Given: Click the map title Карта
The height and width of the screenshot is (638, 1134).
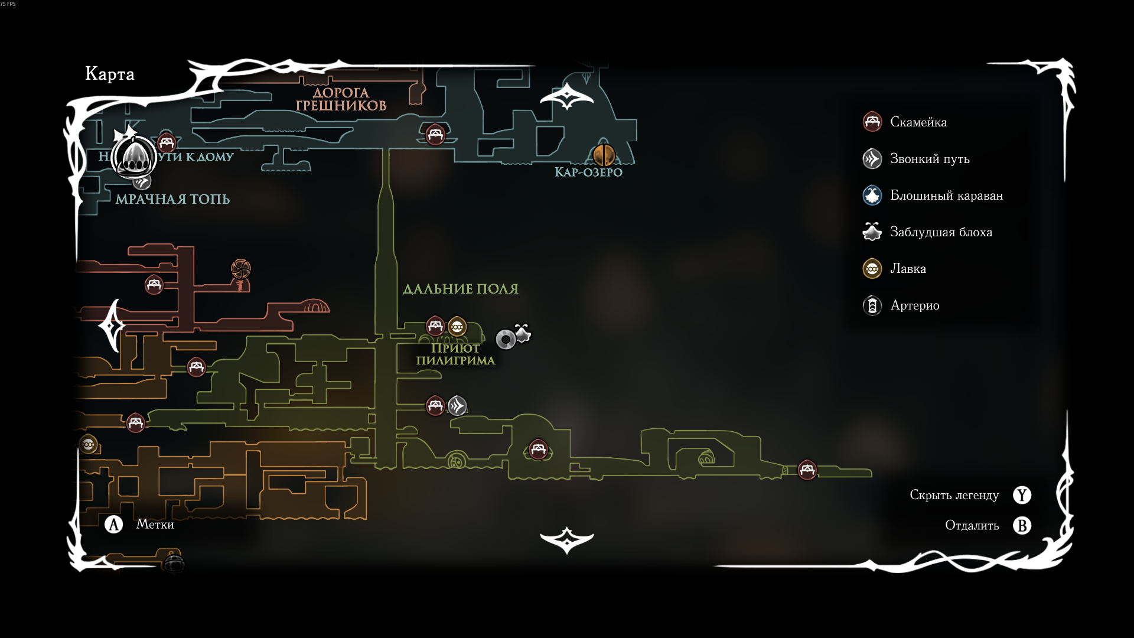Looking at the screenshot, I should (x=110, y=74).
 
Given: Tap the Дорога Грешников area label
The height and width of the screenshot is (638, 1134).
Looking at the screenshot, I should (x=341, y=99).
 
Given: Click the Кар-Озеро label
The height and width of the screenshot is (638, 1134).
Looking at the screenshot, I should (x=588, y=172).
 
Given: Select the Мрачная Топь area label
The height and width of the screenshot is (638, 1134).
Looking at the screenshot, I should (x=172, y=199).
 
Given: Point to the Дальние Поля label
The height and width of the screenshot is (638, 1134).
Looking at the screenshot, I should (x=461, y=289).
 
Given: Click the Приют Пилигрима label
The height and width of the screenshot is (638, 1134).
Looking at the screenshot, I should (x=455, y=354).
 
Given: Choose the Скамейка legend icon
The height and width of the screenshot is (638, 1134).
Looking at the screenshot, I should (x=872, y=122).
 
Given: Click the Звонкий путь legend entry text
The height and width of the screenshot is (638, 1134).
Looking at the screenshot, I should (x=930, y=159).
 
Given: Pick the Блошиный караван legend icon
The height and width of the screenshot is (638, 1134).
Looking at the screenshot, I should (x=872, y=196).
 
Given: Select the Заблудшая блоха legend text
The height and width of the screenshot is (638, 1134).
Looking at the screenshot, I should (x=941, y=232).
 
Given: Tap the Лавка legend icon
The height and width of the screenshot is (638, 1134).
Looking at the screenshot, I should (x=872, y=269).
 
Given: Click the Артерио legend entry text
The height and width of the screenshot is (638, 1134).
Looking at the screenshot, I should (x=914, y=305).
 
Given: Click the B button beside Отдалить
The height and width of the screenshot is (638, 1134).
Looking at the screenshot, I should (x=1022, y=526).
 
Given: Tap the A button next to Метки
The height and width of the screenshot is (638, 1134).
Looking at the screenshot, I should (x=113, y=525).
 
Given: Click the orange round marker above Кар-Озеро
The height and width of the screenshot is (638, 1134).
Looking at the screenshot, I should (x=604, y=155).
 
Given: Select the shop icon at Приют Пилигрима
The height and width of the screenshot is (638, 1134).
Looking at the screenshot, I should (x=457, y=326).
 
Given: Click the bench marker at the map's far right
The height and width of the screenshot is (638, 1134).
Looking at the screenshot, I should (x=807, y=470).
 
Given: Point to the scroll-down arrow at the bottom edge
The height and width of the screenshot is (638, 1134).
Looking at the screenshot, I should (x=566, y=540).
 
